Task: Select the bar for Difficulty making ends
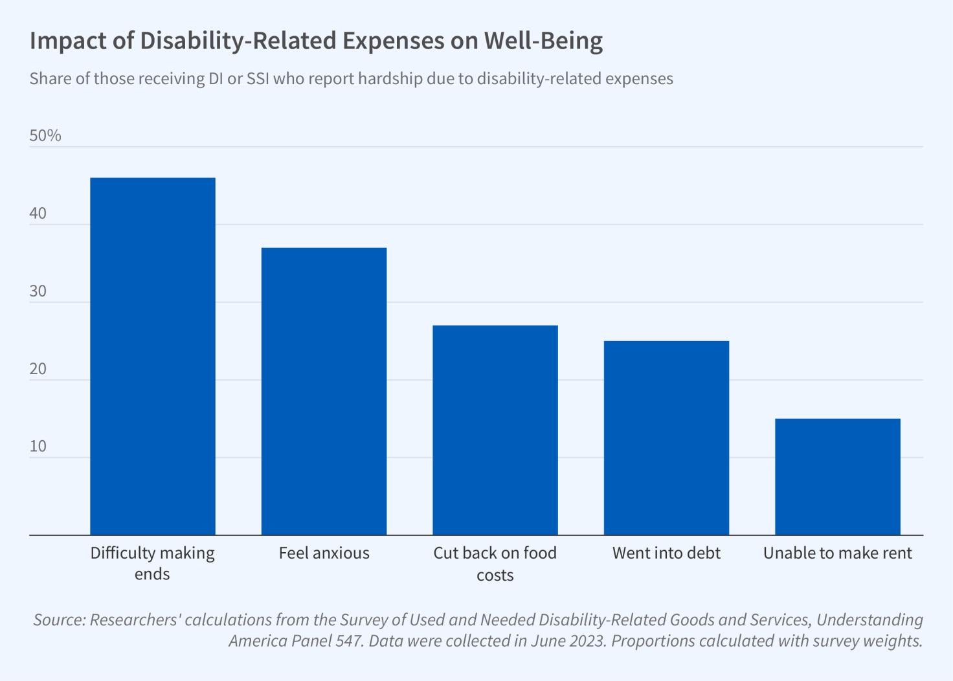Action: tap(153, 356)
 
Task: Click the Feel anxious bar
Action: tap(324, 391)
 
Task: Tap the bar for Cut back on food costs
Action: tap(495, 430)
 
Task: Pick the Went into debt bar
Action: tap(666, 438)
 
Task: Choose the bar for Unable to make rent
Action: tap(837, 476)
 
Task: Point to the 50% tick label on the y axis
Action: tap(45, 135)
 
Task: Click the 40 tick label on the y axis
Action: tap(38, 214)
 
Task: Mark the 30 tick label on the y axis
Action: tap(38, 291)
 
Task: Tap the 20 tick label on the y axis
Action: tap(38, 369)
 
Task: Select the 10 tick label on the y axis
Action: tap(38, 447)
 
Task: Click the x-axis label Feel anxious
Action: tap(324, 553)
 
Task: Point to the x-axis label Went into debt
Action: tap(666, 553)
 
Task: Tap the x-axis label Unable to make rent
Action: tap(837, 553)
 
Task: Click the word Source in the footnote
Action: tap(59, 620)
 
